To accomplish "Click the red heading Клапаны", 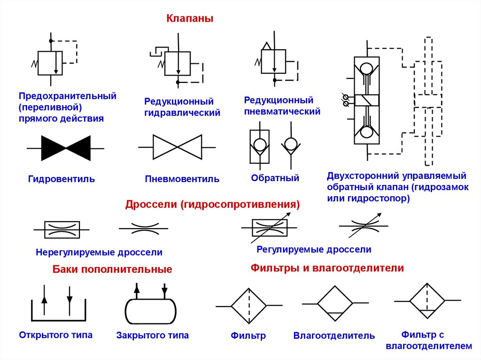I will tap(190, 19).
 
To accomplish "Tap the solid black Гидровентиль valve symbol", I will tap(66, 148).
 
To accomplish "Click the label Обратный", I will tap(275, 178).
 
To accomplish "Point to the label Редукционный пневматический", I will tap(282, 106).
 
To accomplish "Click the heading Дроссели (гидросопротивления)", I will tap(212, 205).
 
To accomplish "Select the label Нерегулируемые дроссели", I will tap(99, 253).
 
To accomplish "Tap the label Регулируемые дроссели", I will tap(314, 250).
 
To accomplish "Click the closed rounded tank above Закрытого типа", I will tap(151, 310).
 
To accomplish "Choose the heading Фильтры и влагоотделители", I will tap(327, 268).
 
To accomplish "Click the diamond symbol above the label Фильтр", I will tap(249, 306).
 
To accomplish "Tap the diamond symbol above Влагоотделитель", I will tap(334, 304).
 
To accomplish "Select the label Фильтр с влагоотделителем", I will tap(428, 340).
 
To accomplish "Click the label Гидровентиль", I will tap(62, 179).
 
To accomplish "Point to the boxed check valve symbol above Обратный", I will tap(259, 146).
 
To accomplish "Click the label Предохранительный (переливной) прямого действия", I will tap(67, 107).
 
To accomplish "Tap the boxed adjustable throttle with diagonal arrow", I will tap(270, 228).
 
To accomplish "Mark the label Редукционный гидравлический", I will tap(182, 107).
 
